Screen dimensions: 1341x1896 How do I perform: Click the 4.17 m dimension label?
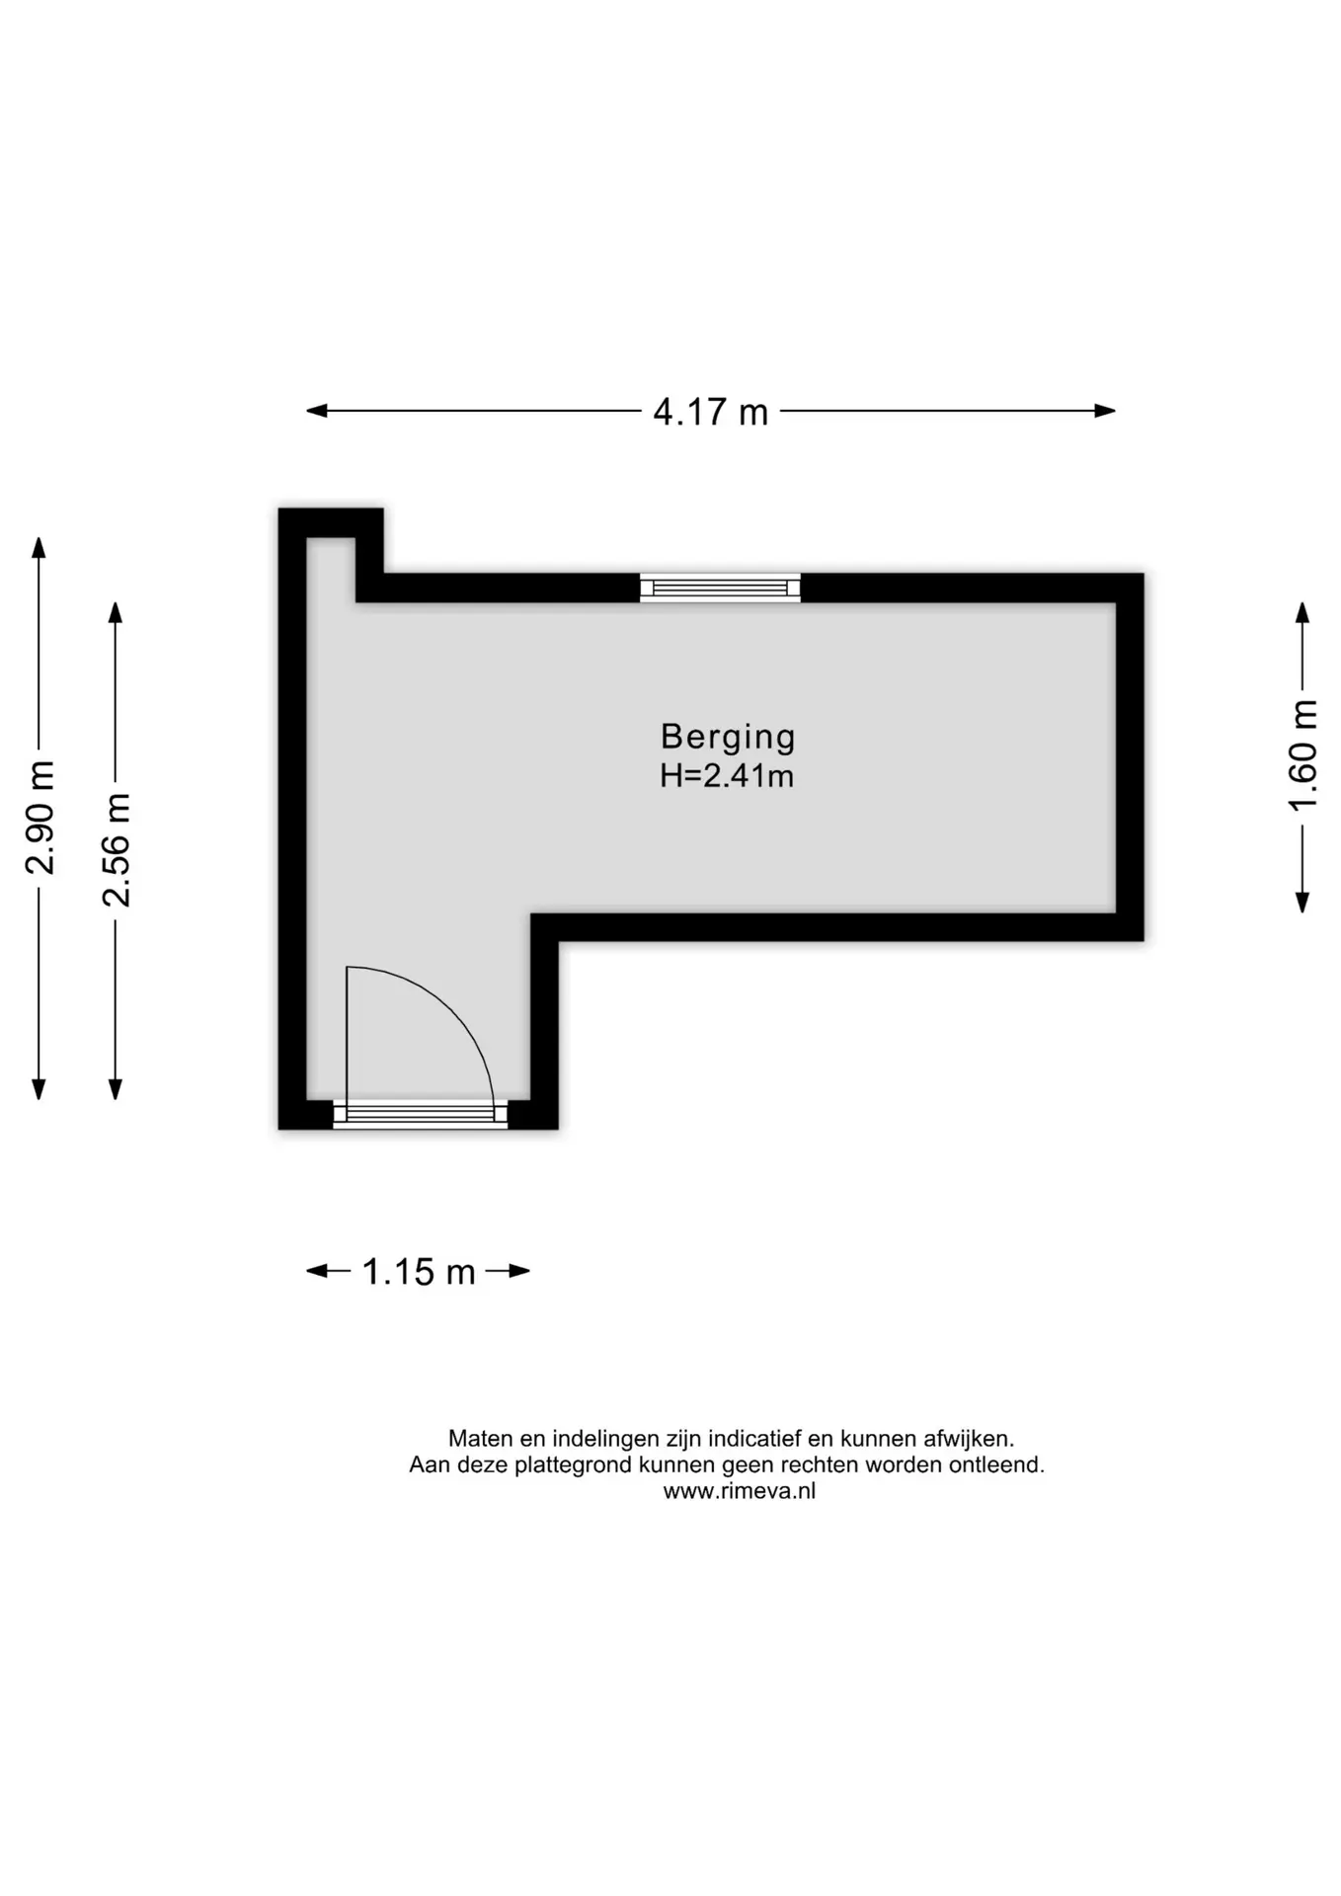(710, 412)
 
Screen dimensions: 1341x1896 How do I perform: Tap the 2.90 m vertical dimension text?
(40, 818)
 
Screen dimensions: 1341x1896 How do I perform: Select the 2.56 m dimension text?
(117, 849)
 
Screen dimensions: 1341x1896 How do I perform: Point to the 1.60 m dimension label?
(1303, 755)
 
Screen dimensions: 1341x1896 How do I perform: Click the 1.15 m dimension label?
(419, 1272)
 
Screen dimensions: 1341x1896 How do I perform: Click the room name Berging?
(728, 737)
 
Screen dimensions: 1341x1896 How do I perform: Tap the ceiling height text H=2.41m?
(727, 776)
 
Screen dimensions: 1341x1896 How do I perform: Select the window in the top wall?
(720, 589)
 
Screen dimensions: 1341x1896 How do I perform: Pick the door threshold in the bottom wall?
(420, 1115)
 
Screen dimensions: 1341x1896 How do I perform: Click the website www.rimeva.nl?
(740, 1492)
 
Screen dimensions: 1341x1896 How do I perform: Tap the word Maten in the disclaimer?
(481, 1439)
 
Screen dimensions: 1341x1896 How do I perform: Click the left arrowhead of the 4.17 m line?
(316, 411)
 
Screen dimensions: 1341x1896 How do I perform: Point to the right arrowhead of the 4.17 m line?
(1105, 411)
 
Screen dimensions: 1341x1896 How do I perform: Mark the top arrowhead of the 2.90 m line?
(39, 547)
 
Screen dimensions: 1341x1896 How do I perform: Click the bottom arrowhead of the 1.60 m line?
(1302, 902)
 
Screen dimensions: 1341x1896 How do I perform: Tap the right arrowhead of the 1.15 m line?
(520, 1271)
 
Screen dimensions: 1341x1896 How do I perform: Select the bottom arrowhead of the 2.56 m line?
(116, 1089)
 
